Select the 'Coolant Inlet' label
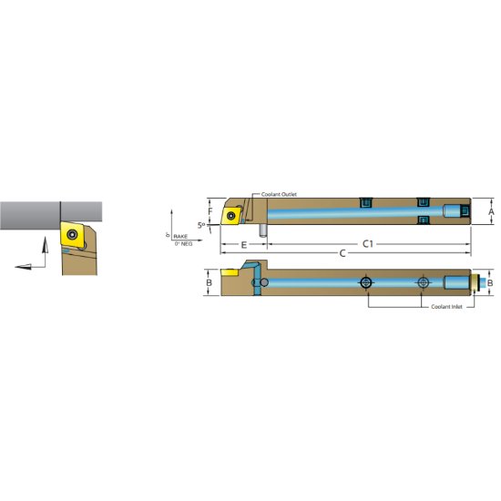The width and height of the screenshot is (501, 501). (x=446, y=306)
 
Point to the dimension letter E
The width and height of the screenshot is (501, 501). (x=243, y=245)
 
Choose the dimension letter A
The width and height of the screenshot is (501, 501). (x=491, y=211)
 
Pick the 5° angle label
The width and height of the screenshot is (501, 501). (x=202, y=226)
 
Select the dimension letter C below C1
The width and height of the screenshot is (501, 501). (x=343, y=253)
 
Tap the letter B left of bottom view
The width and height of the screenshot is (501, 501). (x=209, y=283)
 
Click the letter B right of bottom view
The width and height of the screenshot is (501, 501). (x=490, y=283)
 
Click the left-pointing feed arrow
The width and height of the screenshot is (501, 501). (x=25, y=265)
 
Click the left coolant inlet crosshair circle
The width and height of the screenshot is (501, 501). (x=365, y=283)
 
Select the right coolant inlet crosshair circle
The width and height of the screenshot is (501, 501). (x=422, y=283)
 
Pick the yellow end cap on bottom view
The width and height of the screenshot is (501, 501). (x=476, y=283)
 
